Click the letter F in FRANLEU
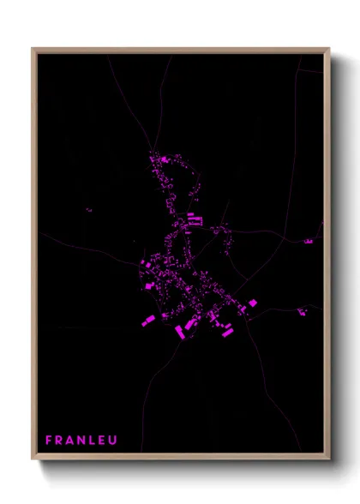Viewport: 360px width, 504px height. coord(48,441)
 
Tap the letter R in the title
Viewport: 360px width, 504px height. coord(60,441)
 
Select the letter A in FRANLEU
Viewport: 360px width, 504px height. coord(72,441)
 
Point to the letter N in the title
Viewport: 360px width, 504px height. coord(84,441)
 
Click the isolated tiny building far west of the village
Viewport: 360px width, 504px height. coord(88,210)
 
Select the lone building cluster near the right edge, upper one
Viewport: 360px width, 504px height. coord(309,242)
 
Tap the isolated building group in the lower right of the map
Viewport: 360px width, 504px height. coord(303,311)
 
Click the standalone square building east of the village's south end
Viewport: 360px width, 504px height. coord(253,303)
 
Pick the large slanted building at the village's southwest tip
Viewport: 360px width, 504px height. coord(147,321)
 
